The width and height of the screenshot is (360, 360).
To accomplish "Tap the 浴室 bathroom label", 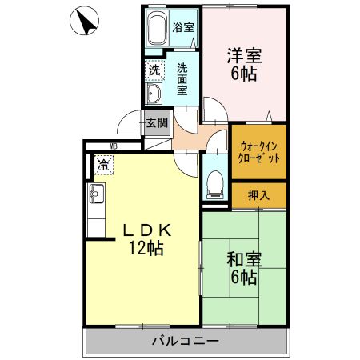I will (x=183, y=27).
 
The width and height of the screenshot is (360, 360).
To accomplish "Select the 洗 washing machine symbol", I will (x=154, y=70).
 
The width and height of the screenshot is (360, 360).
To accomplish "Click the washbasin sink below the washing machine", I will (x=154, y=96).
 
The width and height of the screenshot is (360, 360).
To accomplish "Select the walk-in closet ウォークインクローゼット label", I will (x=259, y=152).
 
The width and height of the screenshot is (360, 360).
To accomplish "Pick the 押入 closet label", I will (x=258, y=195).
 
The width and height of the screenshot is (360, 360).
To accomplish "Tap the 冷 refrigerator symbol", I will (x=103, y=166).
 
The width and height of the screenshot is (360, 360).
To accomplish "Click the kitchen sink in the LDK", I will (x=97, y=194).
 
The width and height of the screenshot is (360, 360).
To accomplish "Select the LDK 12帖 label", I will (x=147, y=238).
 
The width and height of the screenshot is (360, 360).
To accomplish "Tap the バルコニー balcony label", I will (x=185, y=342).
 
